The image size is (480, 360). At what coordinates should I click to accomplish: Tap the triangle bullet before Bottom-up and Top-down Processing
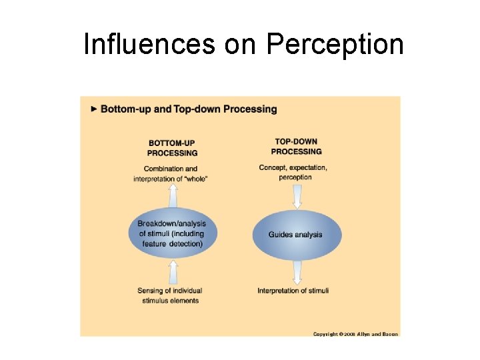(x=95, y=109)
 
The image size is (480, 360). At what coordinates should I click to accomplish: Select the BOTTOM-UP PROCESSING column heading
(x=173, y=147)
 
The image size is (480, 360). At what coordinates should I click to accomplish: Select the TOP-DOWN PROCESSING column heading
(x=297, y=146)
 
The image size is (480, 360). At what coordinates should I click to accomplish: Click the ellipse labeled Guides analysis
(x=297, y=235)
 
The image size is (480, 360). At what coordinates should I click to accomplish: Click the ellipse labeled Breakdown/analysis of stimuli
(x=173, y=234)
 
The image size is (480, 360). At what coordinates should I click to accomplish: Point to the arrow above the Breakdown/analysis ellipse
(x=173, y=197)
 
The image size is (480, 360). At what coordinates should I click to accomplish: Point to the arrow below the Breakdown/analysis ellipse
(x=173, y=272)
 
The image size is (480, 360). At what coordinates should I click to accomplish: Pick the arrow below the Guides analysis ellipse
(x=297, y=273)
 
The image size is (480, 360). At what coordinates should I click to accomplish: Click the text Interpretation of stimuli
(x=293, y=291)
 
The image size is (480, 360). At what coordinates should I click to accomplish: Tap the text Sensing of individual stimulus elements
(x=170, y=295)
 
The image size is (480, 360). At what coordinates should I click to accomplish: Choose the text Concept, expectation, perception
(x=293, y=172)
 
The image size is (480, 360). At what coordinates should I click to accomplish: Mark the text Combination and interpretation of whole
(x=171, y=173)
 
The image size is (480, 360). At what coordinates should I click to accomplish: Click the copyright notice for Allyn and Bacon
(x=355, y=333)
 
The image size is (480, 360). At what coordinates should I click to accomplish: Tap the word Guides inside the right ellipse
(x=281, y=235)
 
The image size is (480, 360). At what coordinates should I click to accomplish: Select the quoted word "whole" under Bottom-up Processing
(x=197, y=179)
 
